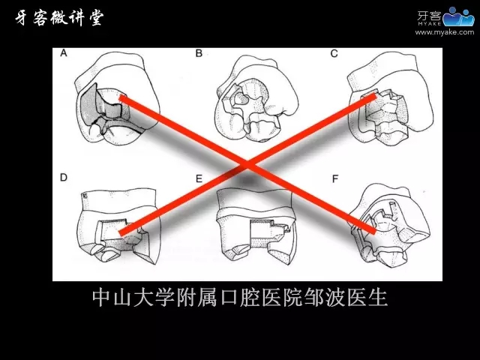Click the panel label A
tap(63, 53)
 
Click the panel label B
tap(199, 53)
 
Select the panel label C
tap(334, 54)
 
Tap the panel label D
tap(63, 178)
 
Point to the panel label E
tap(199, 178)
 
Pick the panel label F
tap(335, 178)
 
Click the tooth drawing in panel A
tap(118, 98)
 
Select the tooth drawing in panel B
tap(256, 98)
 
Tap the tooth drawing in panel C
tap(391, 98)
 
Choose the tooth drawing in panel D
tap(118, 226)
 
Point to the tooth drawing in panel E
tap(256, 226)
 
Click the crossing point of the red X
tap(247, 165)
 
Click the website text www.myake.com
tap(445, 32)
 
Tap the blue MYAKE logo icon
tap(458, 16)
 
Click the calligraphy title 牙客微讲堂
tap(60, 18)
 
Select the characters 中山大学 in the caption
tap(133, 298)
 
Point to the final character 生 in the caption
tap(378, 298)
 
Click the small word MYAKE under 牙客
tap(429, 23)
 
